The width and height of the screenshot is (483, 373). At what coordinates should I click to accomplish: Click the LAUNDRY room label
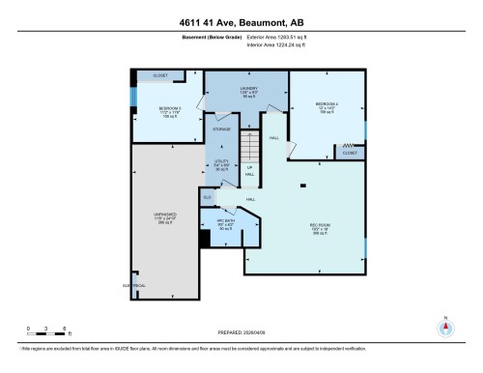click(x=246, y=90)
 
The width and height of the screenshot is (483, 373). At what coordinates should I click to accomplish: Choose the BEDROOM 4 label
click(x=326, y=104)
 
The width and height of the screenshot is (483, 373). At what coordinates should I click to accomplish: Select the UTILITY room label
click(x=220, y=162)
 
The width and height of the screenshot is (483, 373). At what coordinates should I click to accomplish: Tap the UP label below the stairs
click(x=250, y=168)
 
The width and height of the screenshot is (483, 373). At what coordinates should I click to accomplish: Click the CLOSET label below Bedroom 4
click(x=349, y=153)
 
